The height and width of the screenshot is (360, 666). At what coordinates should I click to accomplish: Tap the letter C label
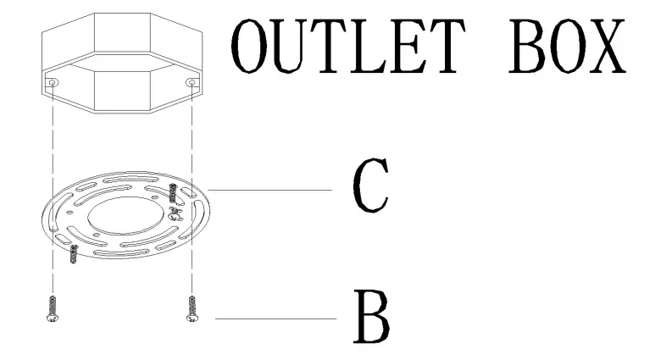coord(370,189)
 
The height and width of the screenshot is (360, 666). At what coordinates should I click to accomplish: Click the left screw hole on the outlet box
coord(53,83)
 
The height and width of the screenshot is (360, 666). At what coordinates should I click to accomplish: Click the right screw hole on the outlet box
coord(193,83)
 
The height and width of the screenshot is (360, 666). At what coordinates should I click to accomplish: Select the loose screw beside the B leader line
coord(192,308)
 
